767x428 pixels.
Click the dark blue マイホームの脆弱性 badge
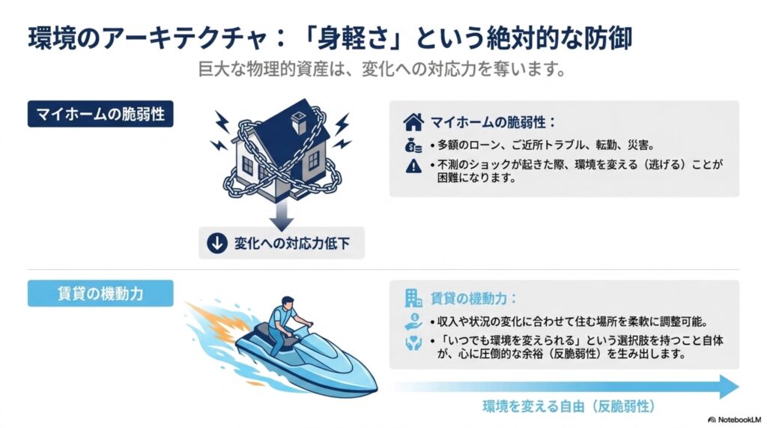(100, 114)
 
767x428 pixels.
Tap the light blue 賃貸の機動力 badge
(100, 293)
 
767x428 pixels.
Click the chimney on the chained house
(299, 121)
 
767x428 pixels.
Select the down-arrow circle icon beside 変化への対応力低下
(216, 243)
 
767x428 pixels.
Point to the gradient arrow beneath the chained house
(282, 214)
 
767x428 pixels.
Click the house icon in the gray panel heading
(413, 122)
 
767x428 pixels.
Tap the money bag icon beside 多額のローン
(413, 145)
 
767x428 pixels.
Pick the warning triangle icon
(413, 166)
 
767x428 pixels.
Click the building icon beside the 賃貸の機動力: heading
(413, 298)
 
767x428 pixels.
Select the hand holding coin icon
(413, 322)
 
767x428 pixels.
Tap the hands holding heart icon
(413, 343)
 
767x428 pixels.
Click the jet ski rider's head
(288, 303)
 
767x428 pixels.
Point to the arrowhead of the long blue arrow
(730, 386)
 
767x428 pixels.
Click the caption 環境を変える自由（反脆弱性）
(569, 406)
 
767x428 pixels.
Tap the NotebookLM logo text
(734, 420)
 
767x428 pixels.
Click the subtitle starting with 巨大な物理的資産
(382, 69)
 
